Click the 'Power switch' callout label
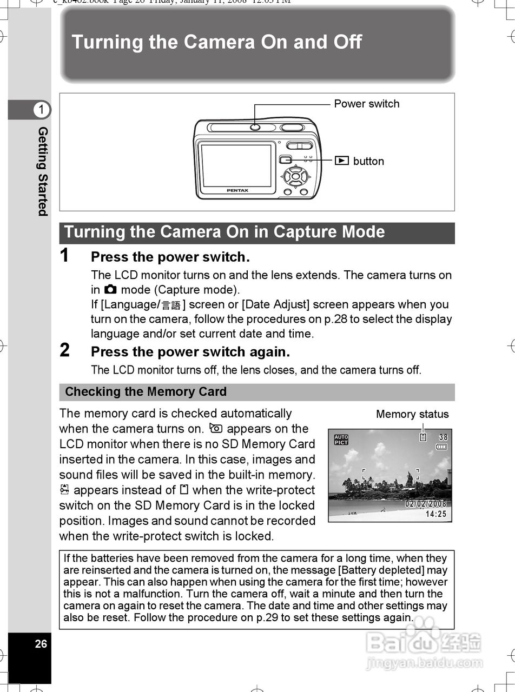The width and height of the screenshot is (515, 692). (366, 104)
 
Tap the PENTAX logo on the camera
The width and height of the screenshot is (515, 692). (237, 190)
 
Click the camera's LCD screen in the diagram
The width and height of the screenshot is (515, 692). (236, 165)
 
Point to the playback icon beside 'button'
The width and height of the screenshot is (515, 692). (341, 161)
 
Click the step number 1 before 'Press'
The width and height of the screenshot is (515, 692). (65, 256)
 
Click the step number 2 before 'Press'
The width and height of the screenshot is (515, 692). (65, 351)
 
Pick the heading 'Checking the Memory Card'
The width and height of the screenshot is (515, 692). (146, 392)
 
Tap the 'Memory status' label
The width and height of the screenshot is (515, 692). (412, 414)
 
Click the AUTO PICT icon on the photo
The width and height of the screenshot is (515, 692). (341, 440)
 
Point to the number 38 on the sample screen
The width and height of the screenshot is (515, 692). (443, 437)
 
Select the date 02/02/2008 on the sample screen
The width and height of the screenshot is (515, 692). (426, 504)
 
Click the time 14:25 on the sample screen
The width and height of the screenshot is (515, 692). (436, 514)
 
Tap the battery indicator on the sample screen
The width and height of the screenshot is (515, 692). (442, 447)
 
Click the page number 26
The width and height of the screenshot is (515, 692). (41, 644)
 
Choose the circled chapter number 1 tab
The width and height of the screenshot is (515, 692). (41, 110)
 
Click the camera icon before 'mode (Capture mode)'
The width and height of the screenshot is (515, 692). (110, 290)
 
